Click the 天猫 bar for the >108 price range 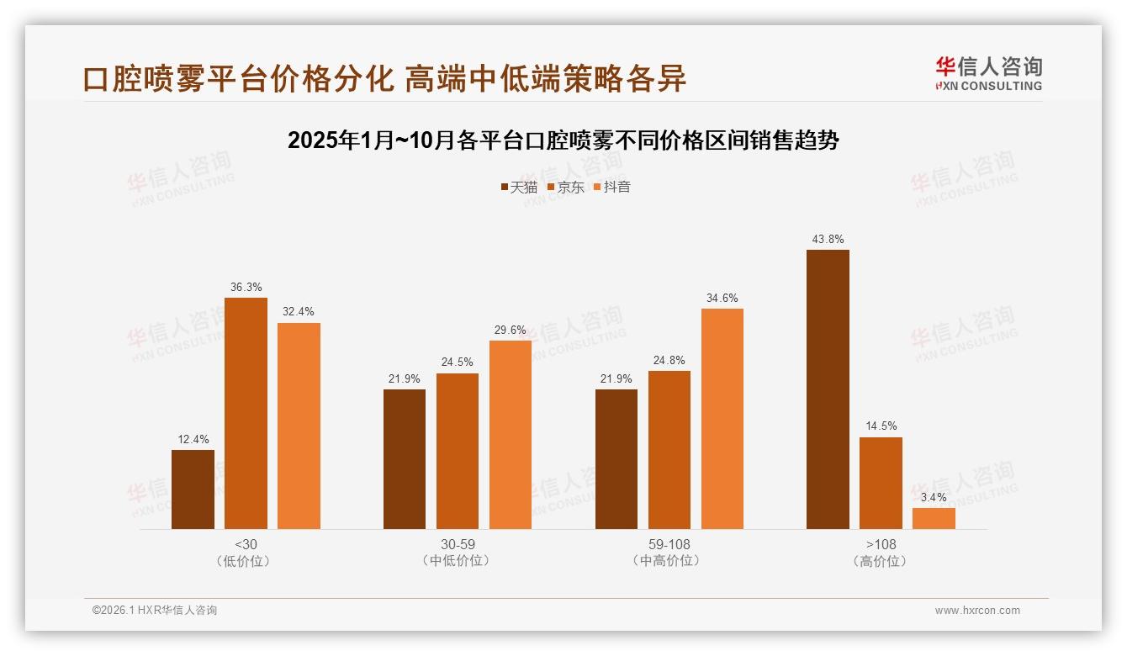click(828, 389)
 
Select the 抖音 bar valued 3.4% click(934, 518)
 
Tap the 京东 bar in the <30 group click(246, 413)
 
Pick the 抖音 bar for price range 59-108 click(722, 419)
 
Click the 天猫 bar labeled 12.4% click(193, 489)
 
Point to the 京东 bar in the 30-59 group click(458, 451)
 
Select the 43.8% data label click(828, 239)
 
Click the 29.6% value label click(511, 330)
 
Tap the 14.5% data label click(881, 426)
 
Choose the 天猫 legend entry click(519, 187)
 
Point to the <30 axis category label click(246, 544)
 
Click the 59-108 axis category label click(669, 544)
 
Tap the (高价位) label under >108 click(881, 561)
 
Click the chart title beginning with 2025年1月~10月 click(563, 140)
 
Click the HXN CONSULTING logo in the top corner click(988, 74)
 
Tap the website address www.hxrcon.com click(977, 611)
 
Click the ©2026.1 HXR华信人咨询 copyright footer click(155, 611)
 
